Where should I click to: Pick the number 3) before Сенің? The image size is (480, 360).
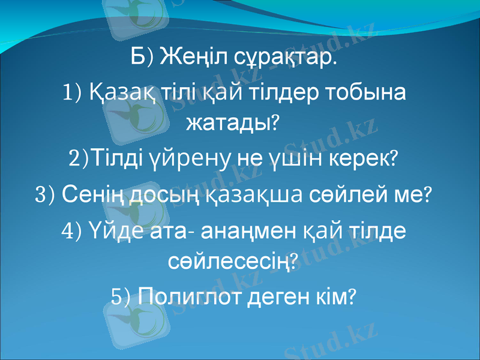46,194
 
